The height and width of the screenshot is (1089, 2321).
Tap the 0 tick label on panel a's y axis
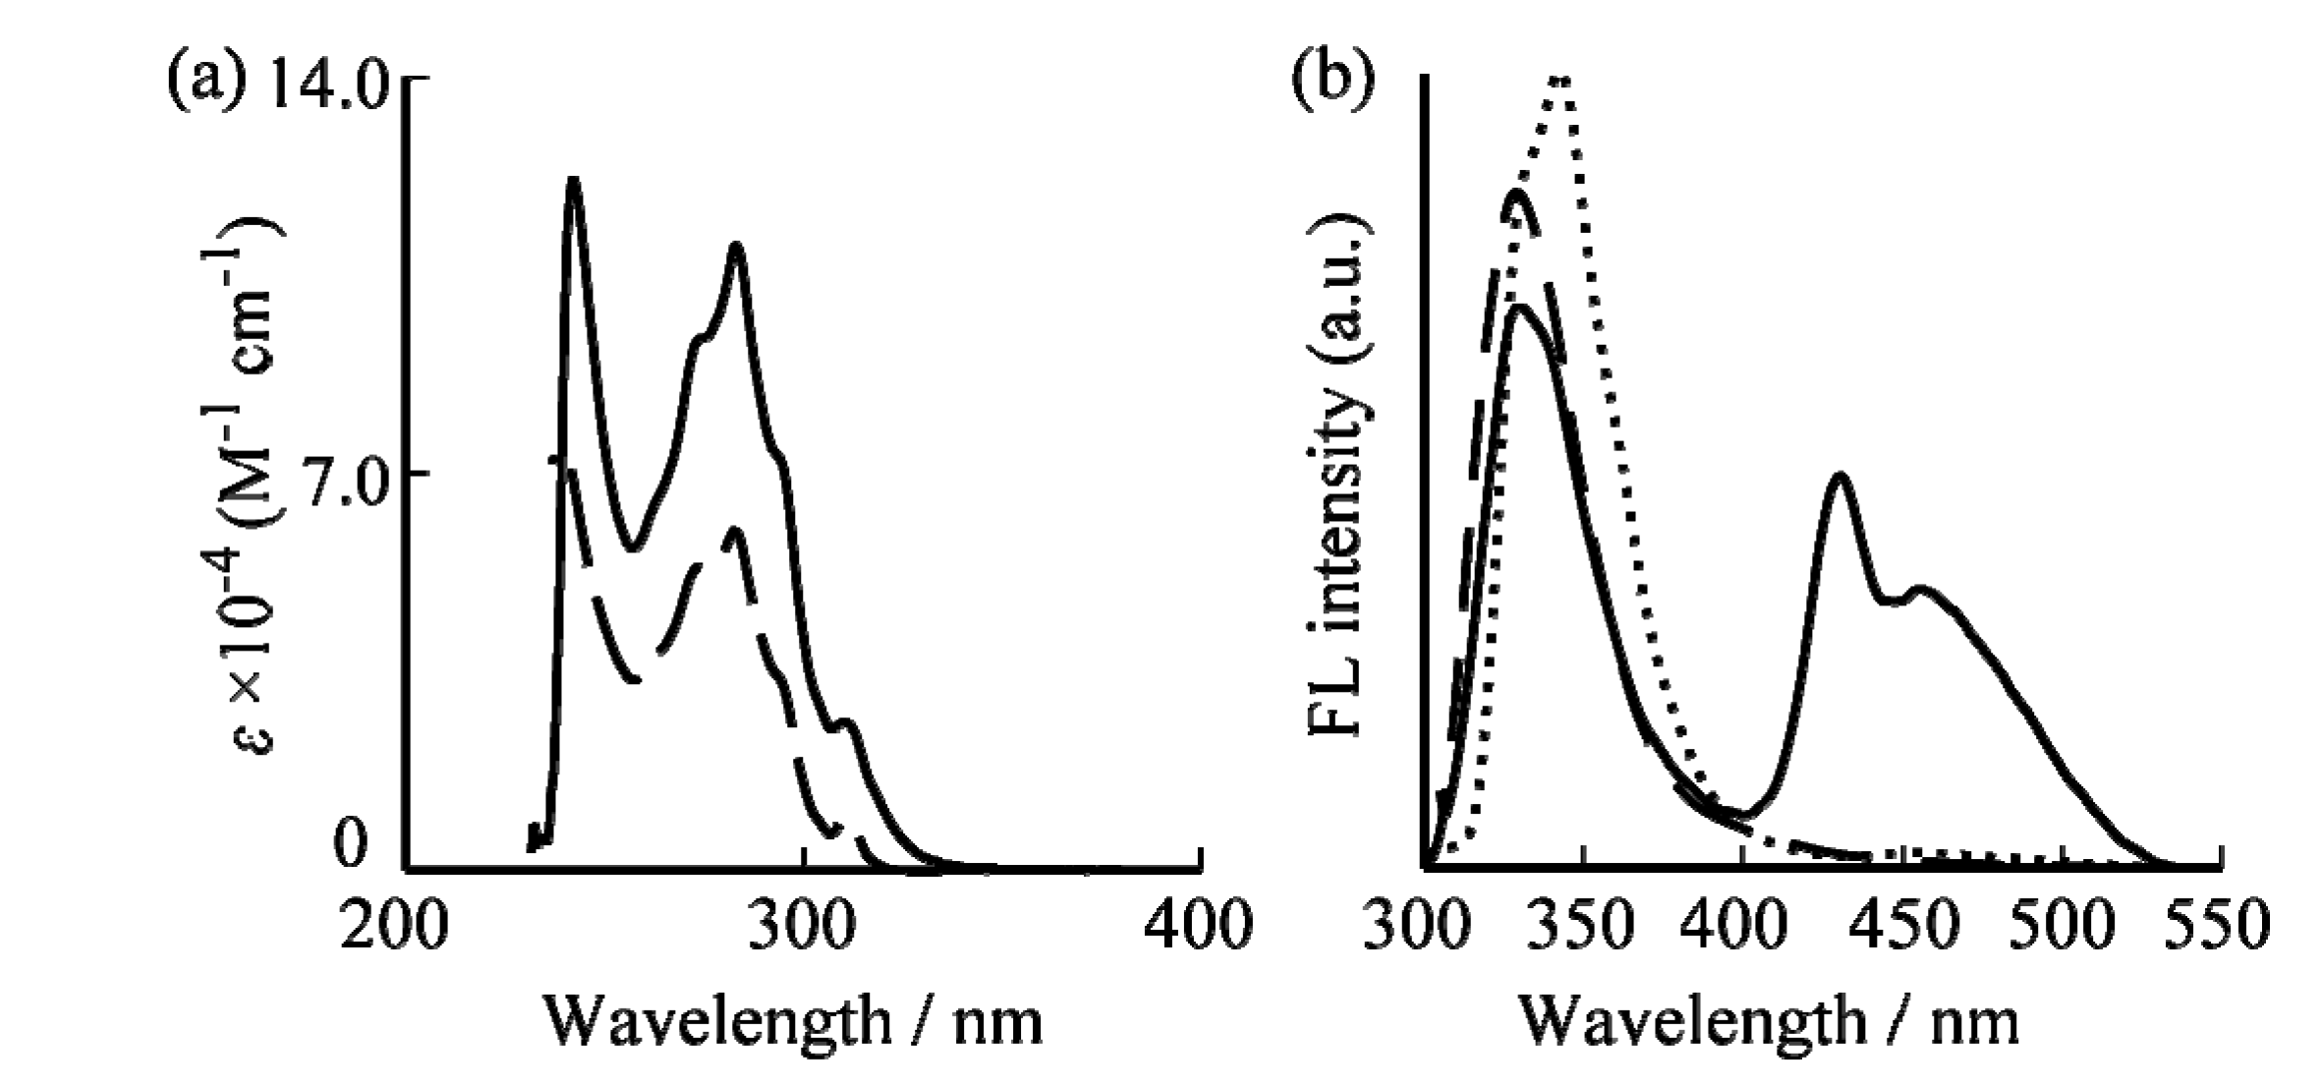click(x=351, y=846)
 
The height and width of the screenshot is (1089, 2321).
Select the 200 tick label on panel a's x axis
click(x=395, y=927)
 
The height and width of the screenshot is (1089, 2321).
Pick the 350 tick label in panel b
click(x=1583, y=927)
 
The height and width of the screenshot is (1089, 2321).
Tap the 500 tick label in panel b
click(x=2062, y=927)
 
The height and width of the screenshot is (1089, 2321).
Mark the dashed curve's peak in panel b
click(x=1518, y=193)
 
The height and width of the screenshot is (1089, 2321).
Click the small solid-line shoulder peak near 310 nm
click(x=847, y=724)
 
